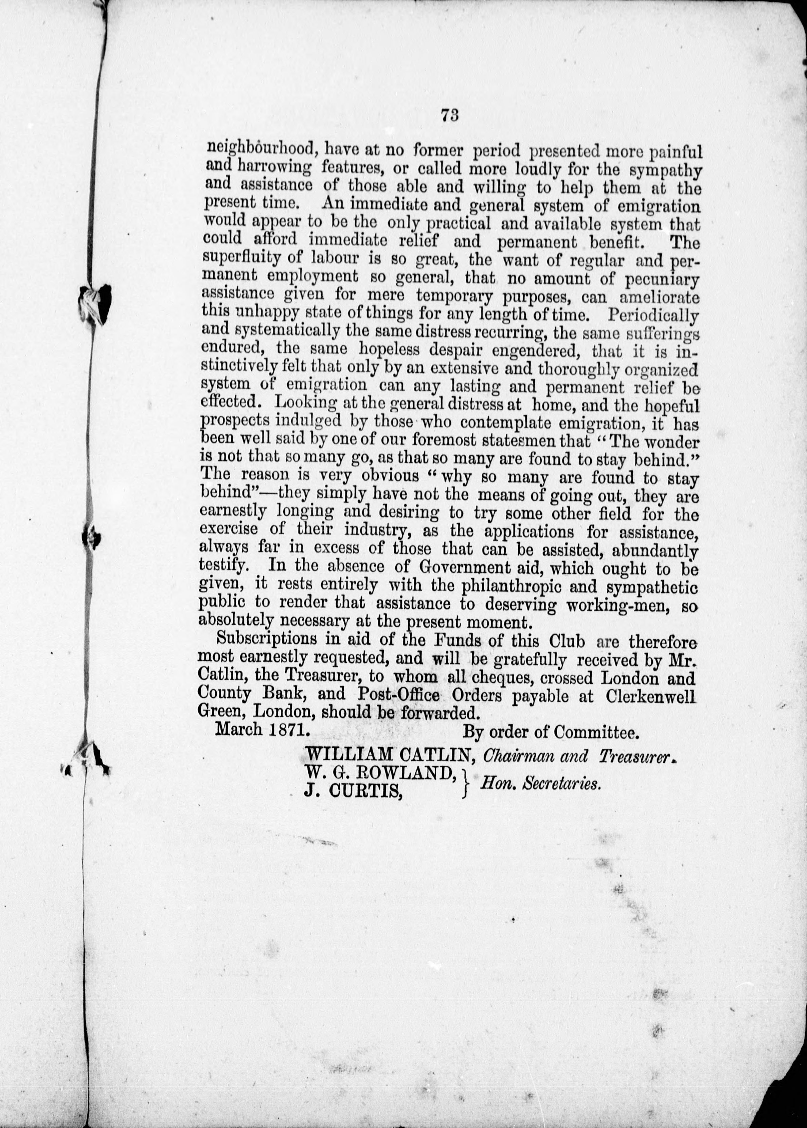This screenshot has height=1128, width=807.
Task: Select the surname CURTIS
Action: (x=368, y=790)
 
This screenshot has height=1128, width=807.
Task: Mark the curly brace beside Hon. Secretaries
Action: (x=466, y=782)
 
